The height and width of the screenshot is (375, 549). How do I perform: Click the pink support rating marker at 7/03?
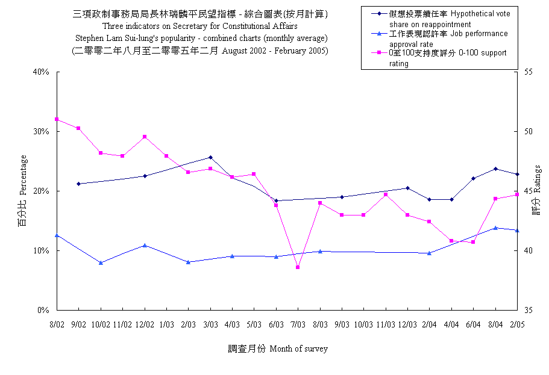tap(298, 267)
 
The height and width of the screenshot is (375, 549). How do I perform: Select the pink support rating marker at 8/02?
tap(57, 119)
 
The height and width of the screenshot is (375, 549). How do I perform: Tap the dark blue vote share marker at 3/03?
tap(210, 157)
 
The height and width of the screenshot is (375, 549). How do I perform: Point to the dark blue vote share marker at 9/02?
tap(78, 184)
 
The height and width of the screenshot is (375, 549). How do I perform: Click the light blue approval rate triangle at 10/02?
tap(101, 262)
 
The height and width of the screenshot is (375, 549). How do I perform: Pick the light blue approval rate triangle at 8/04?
tap(495, 228)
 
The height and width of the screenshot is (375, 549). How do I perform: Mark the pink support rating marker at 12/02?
tap(145, 137)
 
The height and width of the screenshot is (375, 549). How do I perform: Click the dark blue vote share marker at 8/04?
tap(495, 169)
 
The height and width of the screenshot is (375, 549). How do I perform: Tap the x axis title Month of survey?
tap(278, 349)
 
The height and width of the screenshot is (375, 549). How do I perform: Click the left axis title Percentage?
tap(23, 191)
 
